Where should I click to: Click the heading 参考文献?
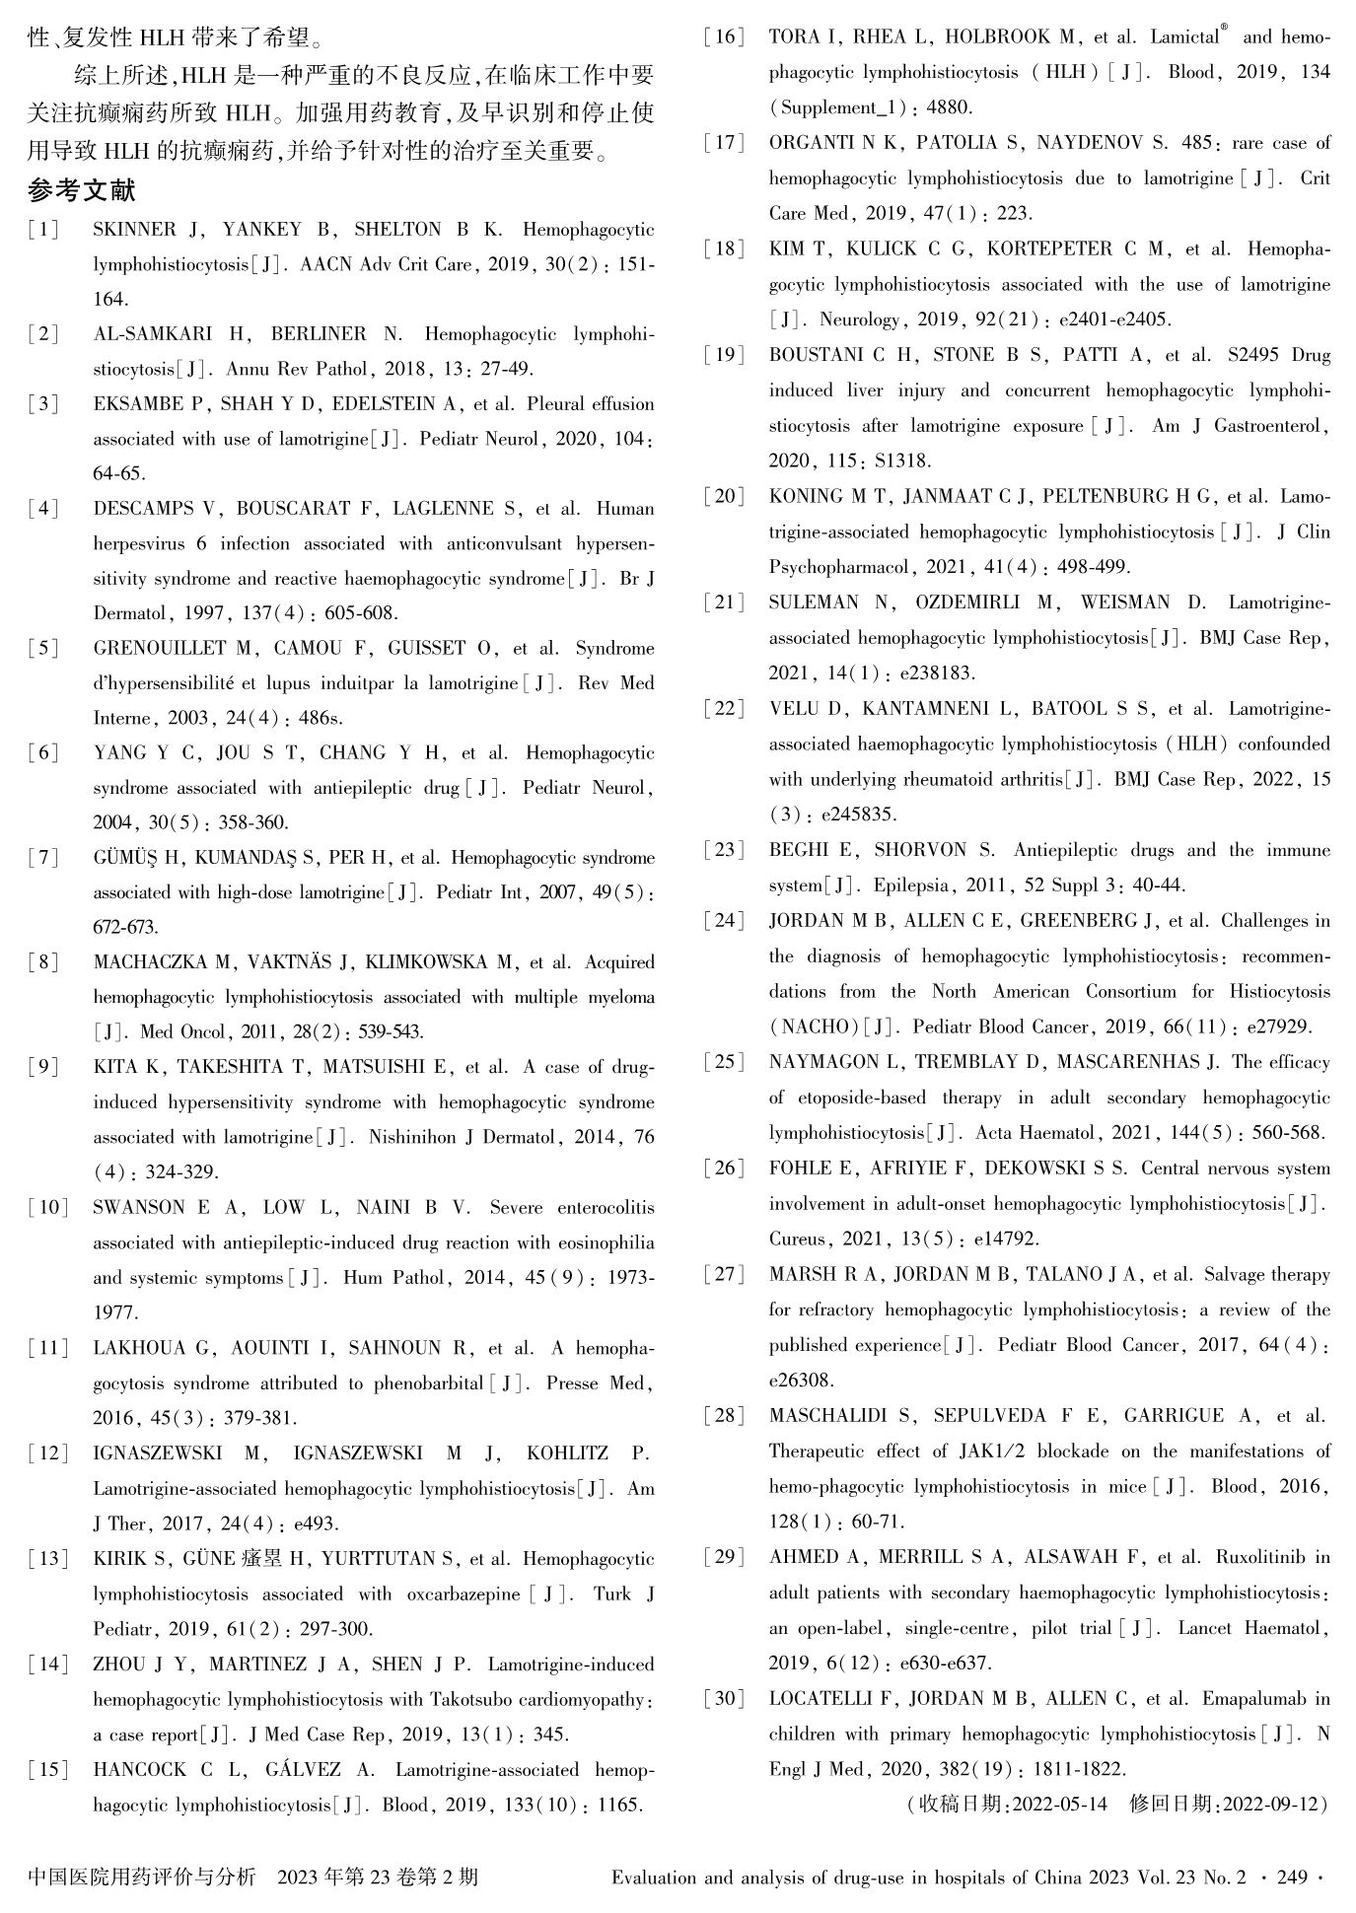[81, 189]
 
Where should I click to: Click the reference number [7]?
[44, 858]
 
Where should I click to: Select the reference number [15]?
[48, 1770]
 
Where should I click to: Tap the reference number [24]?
[725, 921]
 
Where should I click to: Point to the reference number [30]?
[725, 1699]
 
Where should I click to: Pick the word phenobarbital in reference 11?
[428, 1383]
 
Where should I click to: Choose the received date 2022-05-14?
[1058, 1805]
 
